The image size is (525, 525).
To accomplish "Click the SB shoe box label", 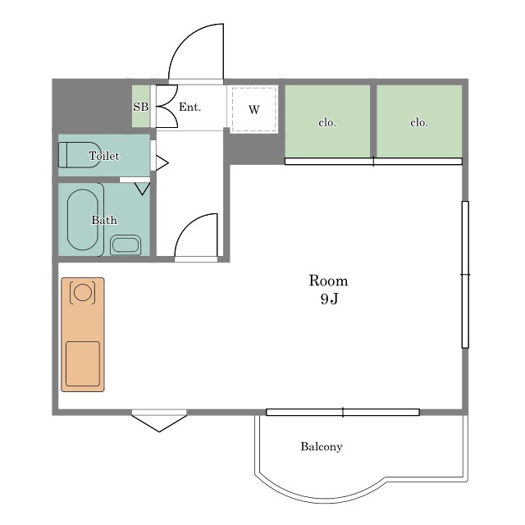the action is pyautogui.click(x=140, y=107).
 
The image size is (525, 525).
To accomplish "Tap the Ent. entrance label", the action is pyautogui.click(x=189, y=107).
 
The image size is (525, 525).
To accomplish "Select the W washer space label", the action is pyautogui.click(x=254, y=109).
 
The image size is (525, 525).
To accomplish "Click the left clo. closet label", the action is pyautogui.click(x=327, y=122).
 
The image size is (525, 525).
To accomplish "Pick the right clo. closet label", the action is pyautogui.click(x=419, y=122).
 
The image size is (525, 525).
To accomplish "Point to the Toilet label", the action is pyautogui.click(x=104, y=156).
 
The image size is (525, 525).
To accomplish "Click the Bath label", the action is pyautogui.click(x=104, y=220).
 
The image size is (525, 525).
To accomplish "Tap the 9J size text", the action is pyautogui.click(x=329, y=299).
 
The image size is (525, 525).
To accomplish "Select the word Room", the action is pyautogui.click(x=328, y=281).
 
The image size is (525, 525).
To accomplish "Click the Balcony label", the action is pyautogui.click(x=322, y=446).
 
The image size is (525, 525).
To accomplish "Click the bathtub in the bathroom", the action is pyautogui.click(x=83, y=220).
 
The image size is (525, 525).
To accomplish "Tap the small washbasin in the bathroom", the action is pyautogui.click(x=126, y=245).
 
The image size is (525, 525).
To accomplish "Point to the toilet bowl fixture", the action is pyautogui.click(x=80, y=155).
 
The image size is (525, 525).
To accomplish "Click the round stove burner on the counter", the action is pyautogui.click(x=82, y=292).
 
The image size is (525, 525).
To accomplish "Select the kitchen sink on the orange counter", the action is pyautogui.click(x=83, y=363).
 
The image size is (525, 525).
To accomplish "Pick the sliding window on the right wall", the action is pyautogui.click(x=465, y=275).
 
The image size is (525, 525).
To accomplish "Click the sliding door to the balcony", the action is pyautogui.click(x=343, y=412).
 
